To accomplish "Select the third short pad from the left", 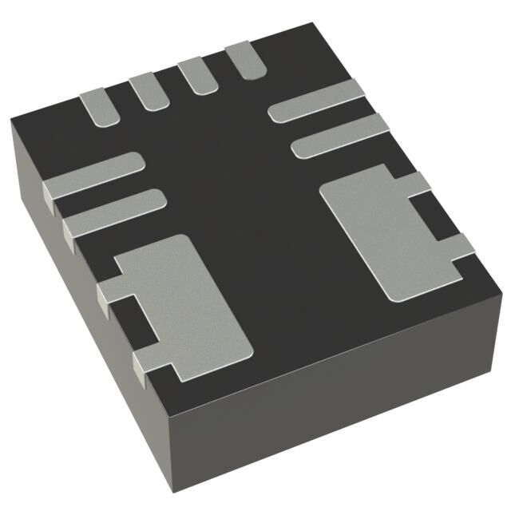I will (x=194, y=76).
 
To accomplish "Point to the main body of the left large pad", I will (x=192, y=307).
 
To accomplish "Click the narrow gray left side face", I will (x=80, y=295).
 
